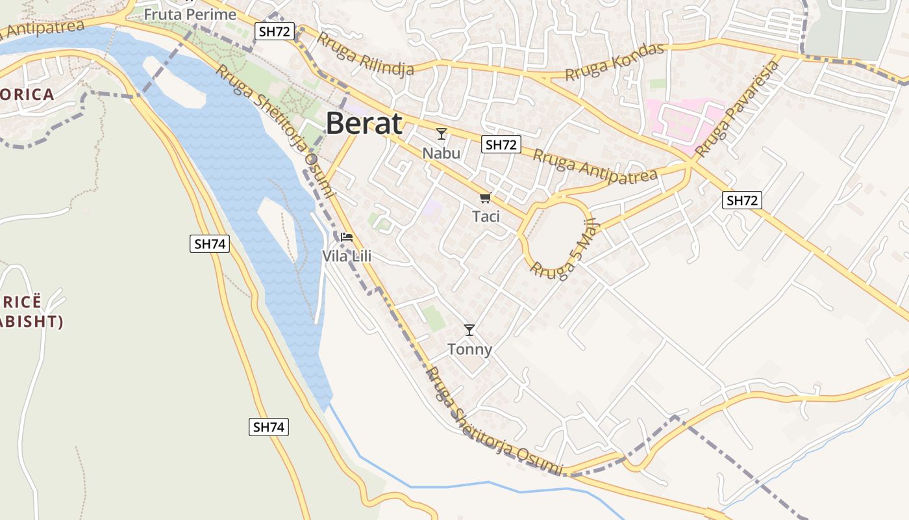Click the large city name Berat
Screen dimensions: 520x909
pyautogui.click(x=364, y=123)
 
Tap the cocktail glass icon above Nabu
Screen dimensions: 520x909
pyautogui.click(x=442, y=134)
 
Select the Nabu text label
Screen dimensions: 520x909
pyautogui.click(x=442, y=153)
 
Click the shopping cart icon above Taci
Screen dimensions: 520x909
pyautogui.click(x=486, y=198)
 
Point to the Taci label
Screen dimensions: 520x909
pyautogui.click(x=486, y=216)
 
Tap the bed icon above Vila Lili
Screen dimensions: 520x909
pyautogui.click(x=347, y=237)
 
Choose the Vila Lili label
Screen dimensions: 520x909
pyautogui.click(x=347, y=257)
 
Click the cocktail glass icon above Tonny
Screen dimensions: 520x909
pyautogui.click(x=469, y=330)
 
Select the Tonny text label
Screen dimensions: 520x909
pyautogui.click(x=470, y=350)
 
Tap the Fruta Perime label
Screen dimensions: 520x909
pyautogui.click(x=190, y=14)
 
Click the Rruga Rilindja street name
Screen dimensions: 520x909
pyautogui.click(x=366, y=54)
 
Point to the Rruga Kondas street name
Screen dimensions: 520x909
pyautogui.click(x=615, y=62)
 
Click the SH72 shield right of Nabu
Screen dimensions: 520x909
pyautogui.click(x=501, y=144)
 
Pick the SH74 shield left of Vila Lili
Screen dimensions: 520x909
pyautogui.click(x=210, y=244)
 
